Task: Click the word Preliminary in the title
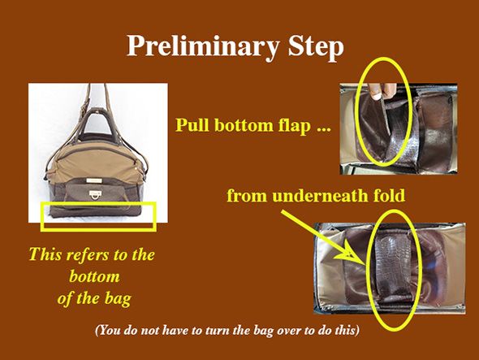click(x=203, y=46)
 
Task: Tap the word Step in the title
click(x=316, y=46)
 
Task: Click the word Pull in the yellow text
click(x=192, y=125)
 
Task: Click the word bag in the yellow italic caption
click(x=118, y=298)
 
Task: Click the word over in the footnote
click(x=301, y=331)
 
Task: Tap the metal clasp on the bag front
click(x=95, y=194)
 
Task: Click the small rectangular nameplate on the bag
click(x=95, y=180)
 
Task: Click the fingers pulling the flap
click(x=382, y=91)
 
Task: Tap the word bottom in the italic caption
click(x=94, y=276)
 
